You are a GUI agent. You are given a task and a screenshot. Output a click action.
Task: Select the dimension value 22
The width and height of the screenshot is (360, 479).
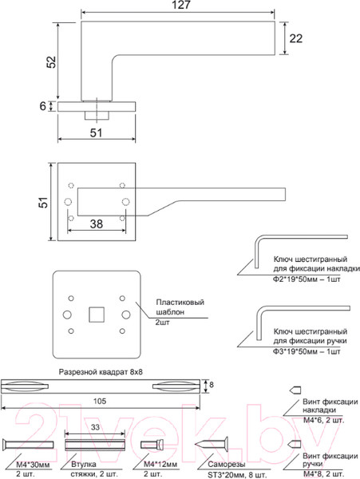pyautogui.click(x=296, y=38)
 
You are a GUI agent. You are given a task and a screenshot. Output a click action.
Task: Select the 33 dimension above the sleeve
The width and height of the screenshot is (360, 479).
pyautogui.click(x=95, y=428)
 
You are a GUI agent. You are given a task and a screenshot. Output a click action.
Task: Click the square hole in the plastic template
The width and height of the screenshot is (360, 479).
pyautogui.click(x=97, y=311)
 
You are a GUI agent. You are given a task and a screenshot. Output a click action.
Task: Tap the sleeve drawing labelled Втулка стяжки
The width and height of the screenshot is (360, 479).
pyautogui.click(x=95, y=445)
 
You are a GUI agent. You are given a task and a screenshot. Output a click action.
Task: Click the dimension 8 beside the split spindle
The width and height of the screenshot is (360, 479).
pyautogui.click(x=210, y=385)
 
